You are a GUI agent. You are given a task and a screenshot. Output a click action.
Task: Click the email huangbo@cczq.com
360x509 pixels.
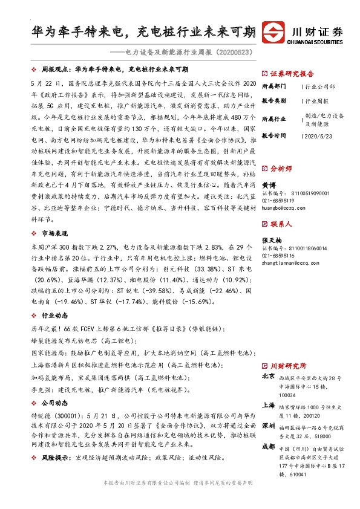[x=282, y=207]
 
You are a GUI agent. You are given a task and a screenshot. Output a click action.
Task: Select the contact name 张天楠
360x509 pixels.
[x=271, y=240]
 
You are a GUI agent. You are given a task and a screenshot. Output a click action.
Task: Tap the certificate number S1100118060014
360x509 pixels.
[x=296, y=248]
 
